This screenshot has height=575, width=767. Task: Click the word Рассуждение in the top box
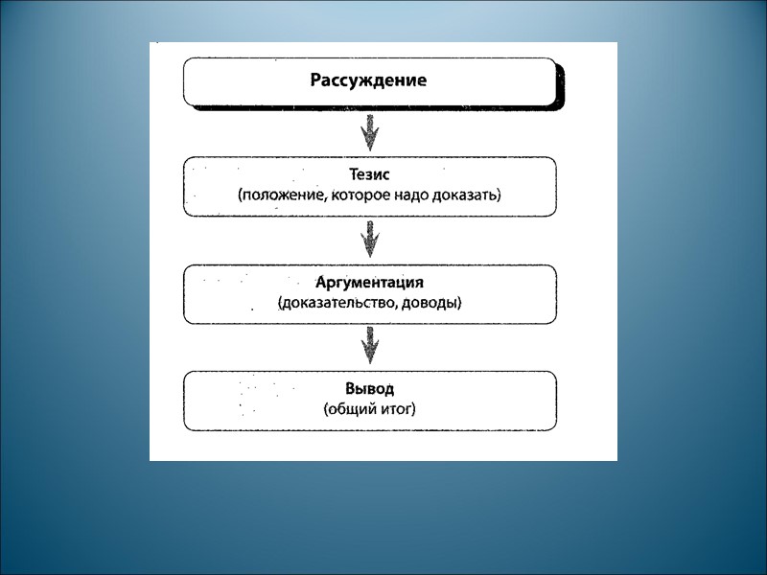(x=368, y=80)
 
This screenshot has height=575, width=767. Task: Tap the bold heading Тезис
(x=369, y=175)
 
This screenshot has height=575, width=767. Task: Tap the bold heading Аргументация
(x=369, y=284)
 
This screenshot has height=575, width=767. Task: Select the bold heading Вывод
(x=369, y=389)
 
